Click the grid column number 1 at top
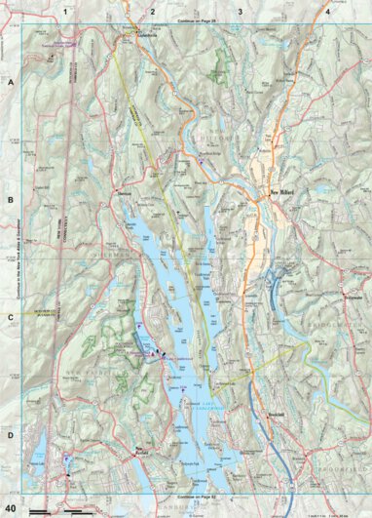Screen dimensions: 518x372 (65, 11)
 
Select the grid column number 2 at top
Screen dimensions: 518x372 (153, 11)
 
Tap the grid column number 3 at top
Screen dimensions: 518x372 (240, 11)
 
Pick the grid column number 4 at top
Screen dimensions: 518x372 (327, 11)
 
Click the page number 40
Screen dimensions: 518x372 (12, 508)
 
